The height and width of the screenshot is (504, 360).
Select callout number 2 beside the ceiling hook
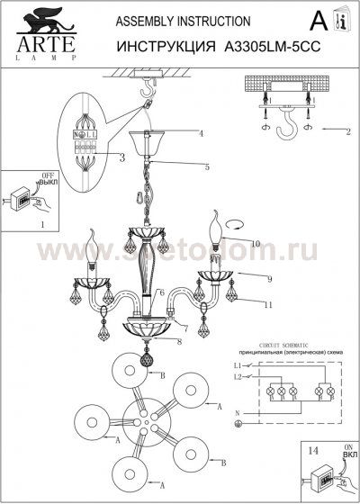tap(347, 131)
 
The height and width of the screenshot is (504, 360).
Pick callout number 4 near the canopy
tap(202, 133)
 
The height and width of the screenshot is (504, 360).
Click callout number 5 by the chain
tap(206, 166)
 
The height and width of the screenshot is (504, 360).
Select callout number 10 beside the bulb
tap(256, 244)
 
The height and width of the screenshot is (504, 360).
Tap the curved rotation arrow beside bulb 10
tap(235, 224)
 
